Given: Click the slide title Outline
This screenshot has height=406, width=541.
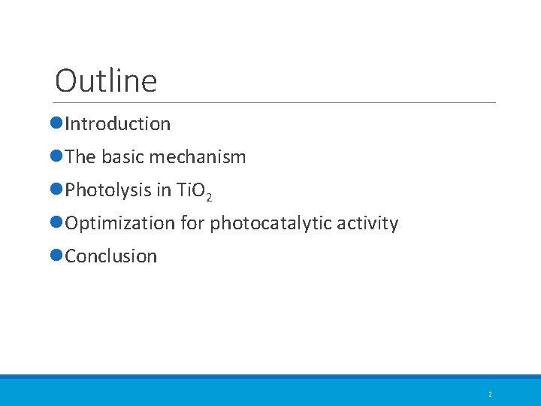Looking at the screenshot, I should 106,80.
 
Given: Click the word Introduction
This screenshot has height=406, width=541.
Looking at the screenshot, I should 118,124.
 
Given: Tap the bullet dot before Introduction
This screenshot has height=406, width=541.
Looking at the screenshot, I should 58,124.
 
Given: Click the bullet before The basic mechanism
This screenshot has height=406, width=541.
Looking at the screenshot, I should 58,157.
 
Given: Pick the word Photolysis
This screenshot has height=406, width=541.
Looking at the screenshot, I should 108,190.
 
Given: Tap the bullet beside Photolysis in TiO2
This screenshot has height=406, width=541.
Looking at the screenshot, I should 58,190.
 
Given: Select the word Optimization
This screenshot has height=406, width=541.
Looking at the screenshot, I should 120,223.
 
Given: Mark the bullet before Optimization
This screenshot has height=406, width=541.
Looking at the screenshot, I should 58,223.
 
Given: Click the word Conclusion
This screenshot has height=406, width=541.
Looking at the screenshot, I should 111,256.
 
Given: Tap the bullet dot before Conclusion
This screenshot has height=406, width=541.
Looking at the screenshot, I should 58,256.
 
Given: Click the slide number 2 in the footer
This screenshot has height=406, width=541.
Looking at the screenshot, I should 490,394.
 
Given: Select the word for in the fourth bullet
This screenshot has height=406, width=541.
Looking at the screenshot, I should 192,223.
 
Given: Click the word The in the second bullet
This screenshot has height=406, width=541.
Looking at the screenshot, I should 80,157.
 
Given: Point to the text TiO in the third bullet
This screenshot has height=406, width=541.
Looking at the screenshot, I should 189,190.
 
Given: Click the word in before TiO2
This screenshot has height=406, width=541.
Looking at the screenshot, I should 164,190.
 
